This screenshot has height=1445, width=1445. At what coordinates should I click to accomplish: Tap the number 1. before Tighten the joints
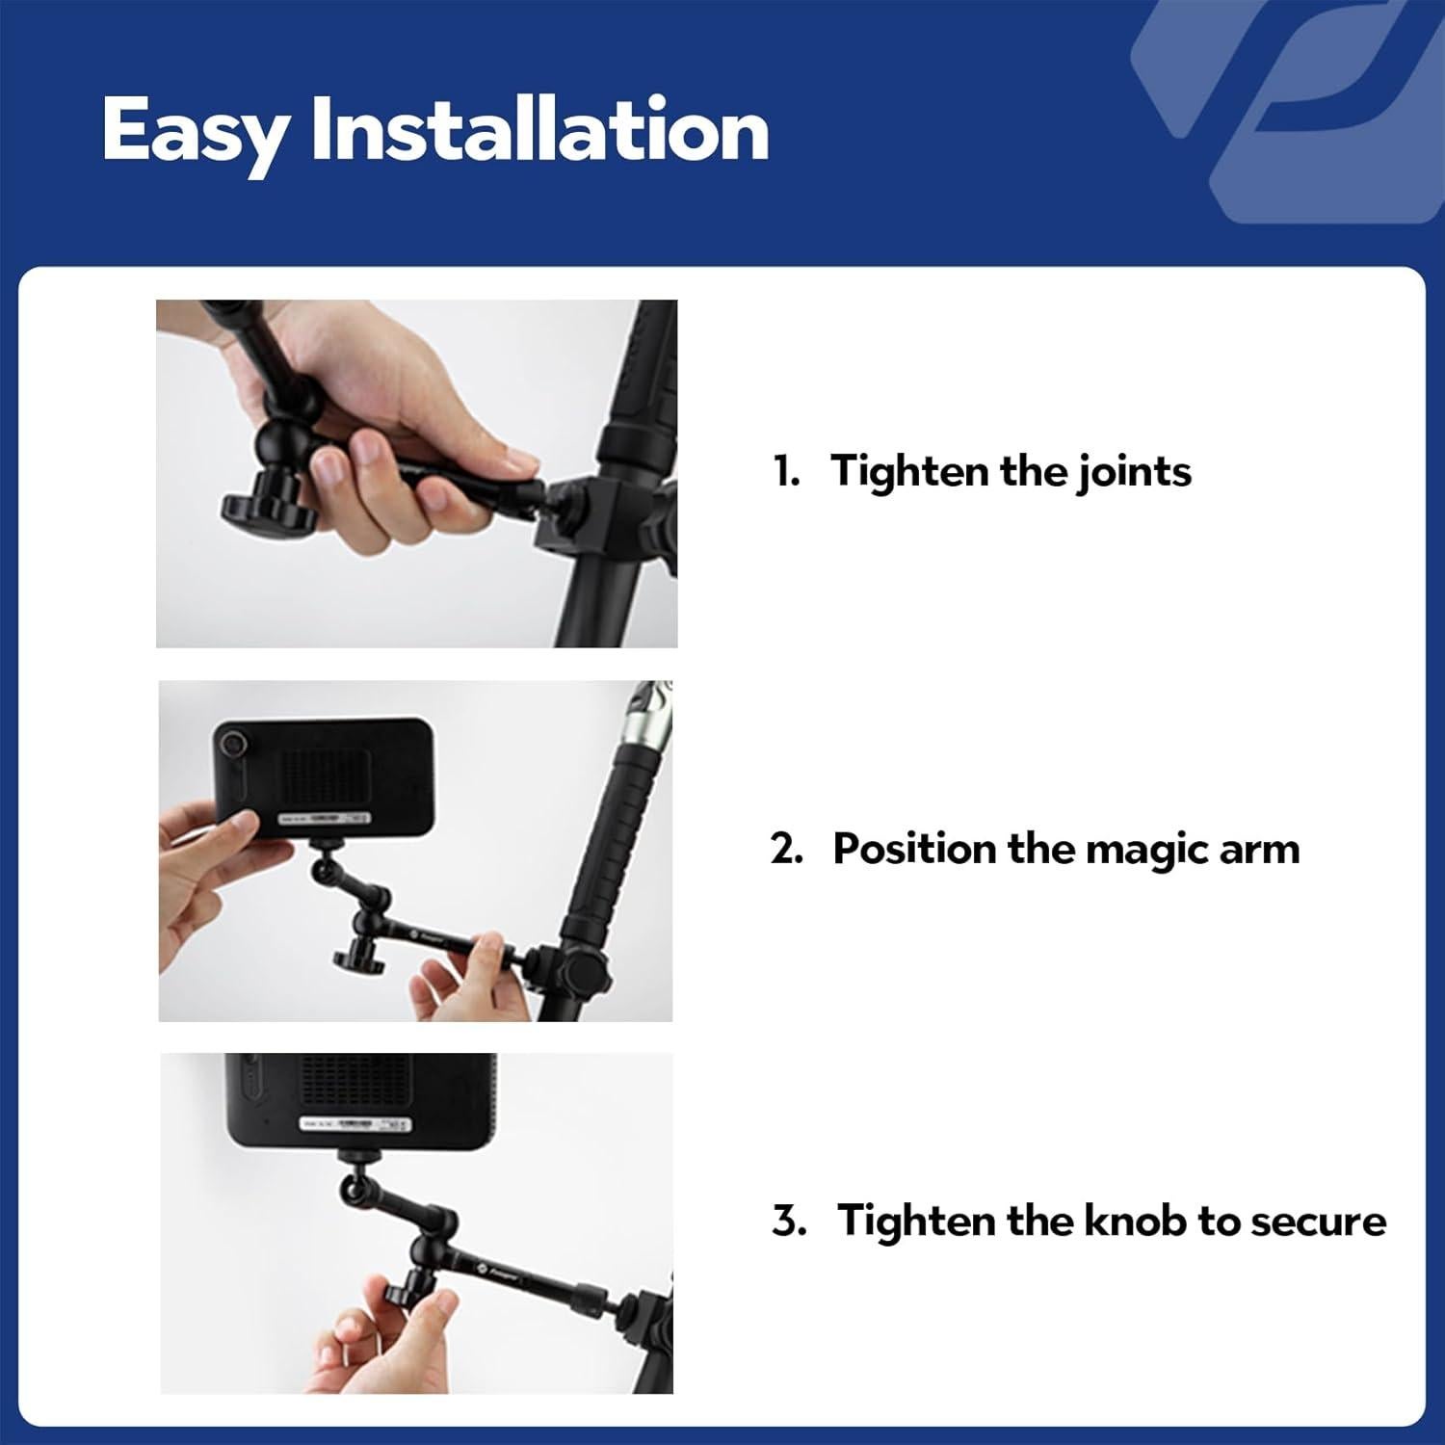point(787,471)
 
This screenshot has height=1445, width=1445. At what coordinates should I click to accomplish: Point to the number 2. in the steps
point(787,849)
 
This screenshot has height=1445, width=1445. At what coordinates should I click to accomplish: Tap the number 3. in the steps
point(789,1221)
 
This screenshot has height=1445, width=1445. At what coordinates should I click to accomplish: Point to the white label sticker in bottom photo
point(354,1124)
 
